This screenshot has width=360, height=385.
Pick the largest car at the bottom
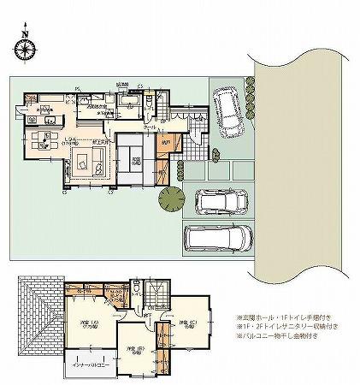(x=219, y=239)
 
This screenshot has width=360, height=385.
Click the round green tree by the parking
(x=170, y=198)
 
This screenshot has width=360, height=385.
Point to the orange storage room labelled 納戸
(x=168, y=142)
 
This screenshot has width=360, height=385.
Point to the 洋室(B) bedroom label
(x=133, y=349)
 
